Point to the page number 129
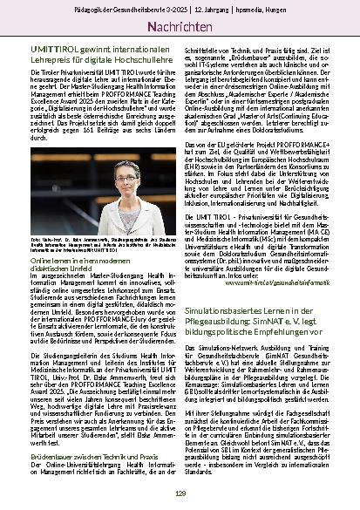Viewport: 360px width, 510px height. coord(180,493)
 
